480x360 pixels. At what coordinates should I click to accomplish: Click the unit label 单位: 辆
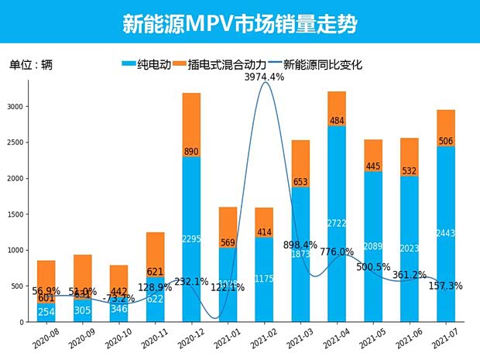click(x=31, y=65)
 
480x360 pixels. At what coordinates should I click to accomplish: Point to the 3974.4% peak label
click(x=264, y=77)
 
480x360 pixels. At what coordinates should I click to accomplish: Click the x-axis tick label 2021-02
click(x=259, y=338)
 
